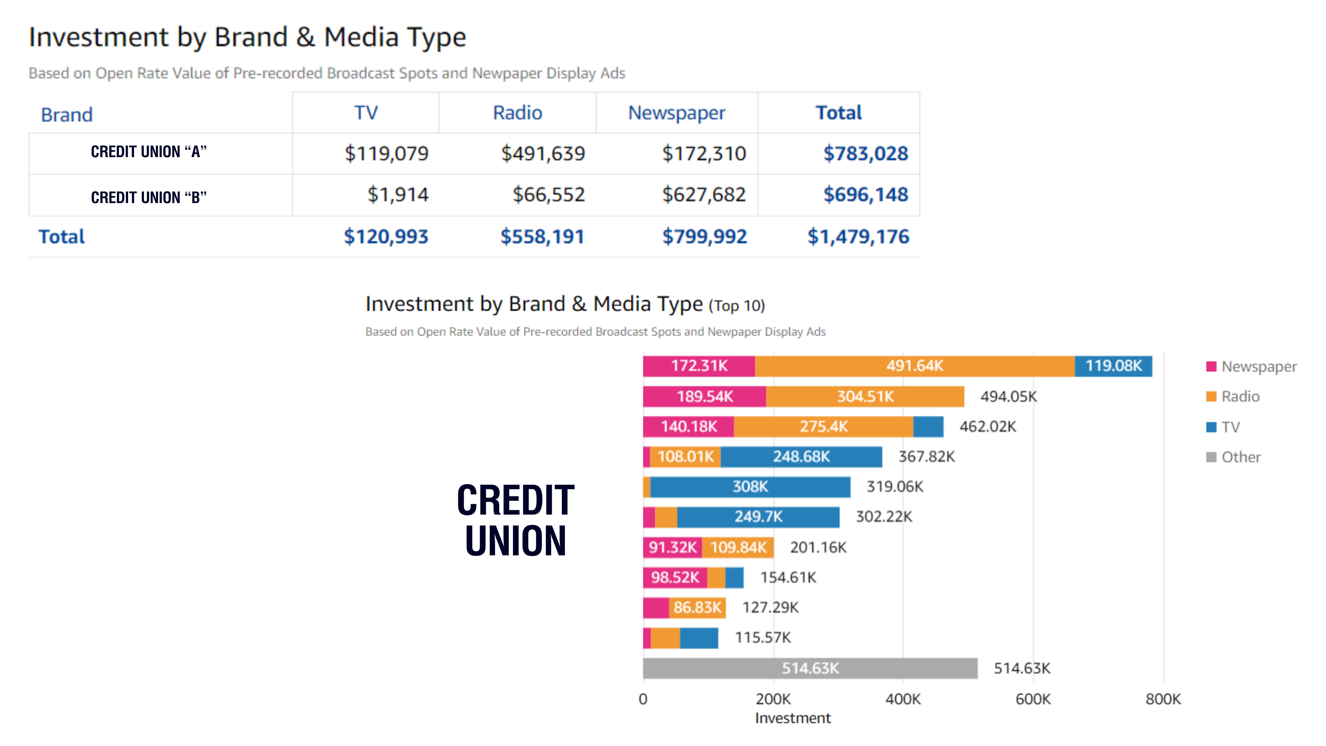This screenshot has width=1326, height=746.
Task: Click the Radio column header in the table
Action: (x=517, y=113)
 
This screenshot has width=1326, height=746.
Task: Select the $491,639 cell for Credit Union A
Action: (x=543, y=153)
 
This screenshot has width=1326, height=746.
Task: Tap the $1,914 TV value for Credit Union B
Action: (x=397, y=194)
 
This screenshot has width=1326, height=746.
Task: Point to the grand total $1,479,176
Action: (x=858, y=237)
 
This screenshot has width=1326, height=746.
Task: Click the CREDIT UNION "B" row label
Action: (x=149, y=197)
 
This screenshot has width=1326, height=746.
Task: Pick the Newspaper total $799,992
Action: (x=704, y=237)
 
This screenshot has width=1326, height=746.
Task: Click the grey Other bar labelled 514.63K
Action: (x=810, y=668)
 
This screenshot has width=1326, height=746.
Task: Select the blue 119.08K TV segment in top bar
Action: (x=1113, y=366)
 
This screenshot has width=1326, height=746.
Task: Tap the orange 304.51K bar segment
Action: (x=865, y=396)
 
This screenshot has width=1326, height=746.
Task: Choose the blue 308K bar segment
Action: (x=750, y=487)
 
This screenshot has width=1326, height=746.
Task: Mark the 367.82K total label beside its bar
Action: (x=926, y=457)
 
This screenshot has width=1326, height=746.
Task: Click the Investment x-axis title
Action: (x=793, y=718)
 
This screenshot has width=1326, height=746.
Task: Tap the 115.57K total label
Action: (x=762, y=638)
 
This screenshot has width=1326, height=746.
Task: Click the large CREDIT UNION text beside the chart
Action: (x=515, y=520)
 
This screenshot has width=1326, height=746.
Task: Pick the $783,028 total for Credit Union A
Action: (x=866, y=153)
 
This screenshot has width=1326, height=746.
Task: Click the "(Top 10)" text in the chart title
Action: (x=737, y=306)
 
